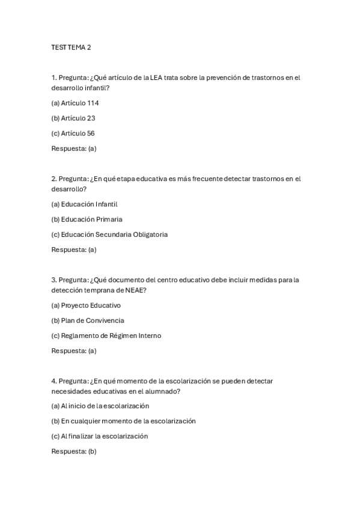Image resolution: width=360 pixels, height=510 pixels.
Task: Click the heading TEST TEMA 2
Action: point(71,47)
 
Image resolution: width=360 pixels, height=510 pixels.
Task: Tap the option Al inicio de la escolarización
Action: point(100,406)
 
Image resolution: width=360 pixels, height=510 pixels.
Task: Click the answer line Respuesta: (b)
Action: point(74,451)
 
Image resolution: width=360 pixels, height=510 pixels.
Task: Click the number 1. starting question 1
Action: point(54,78)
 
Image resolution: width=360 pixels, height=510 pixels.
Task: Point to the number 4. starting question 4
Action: point(54,381)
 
